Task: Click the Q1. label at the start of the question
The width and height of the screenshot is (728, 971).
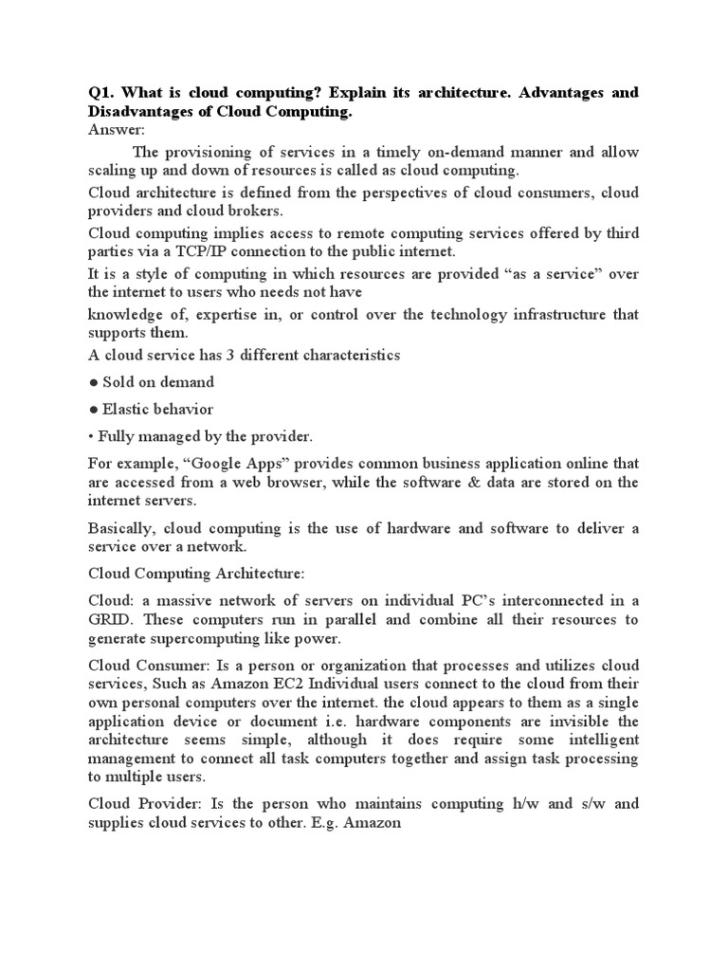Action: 101,93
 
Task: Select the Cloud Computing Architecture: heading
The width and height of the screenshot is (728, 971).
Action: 196,574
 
